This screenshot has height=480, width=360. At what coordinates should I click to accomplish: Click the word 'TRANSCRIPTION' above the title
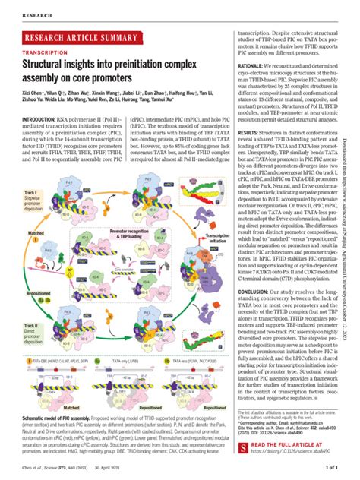tap(43, 53)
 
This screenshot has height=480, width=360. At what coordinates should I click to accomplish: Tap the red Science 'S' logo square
tap(245, 447)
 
